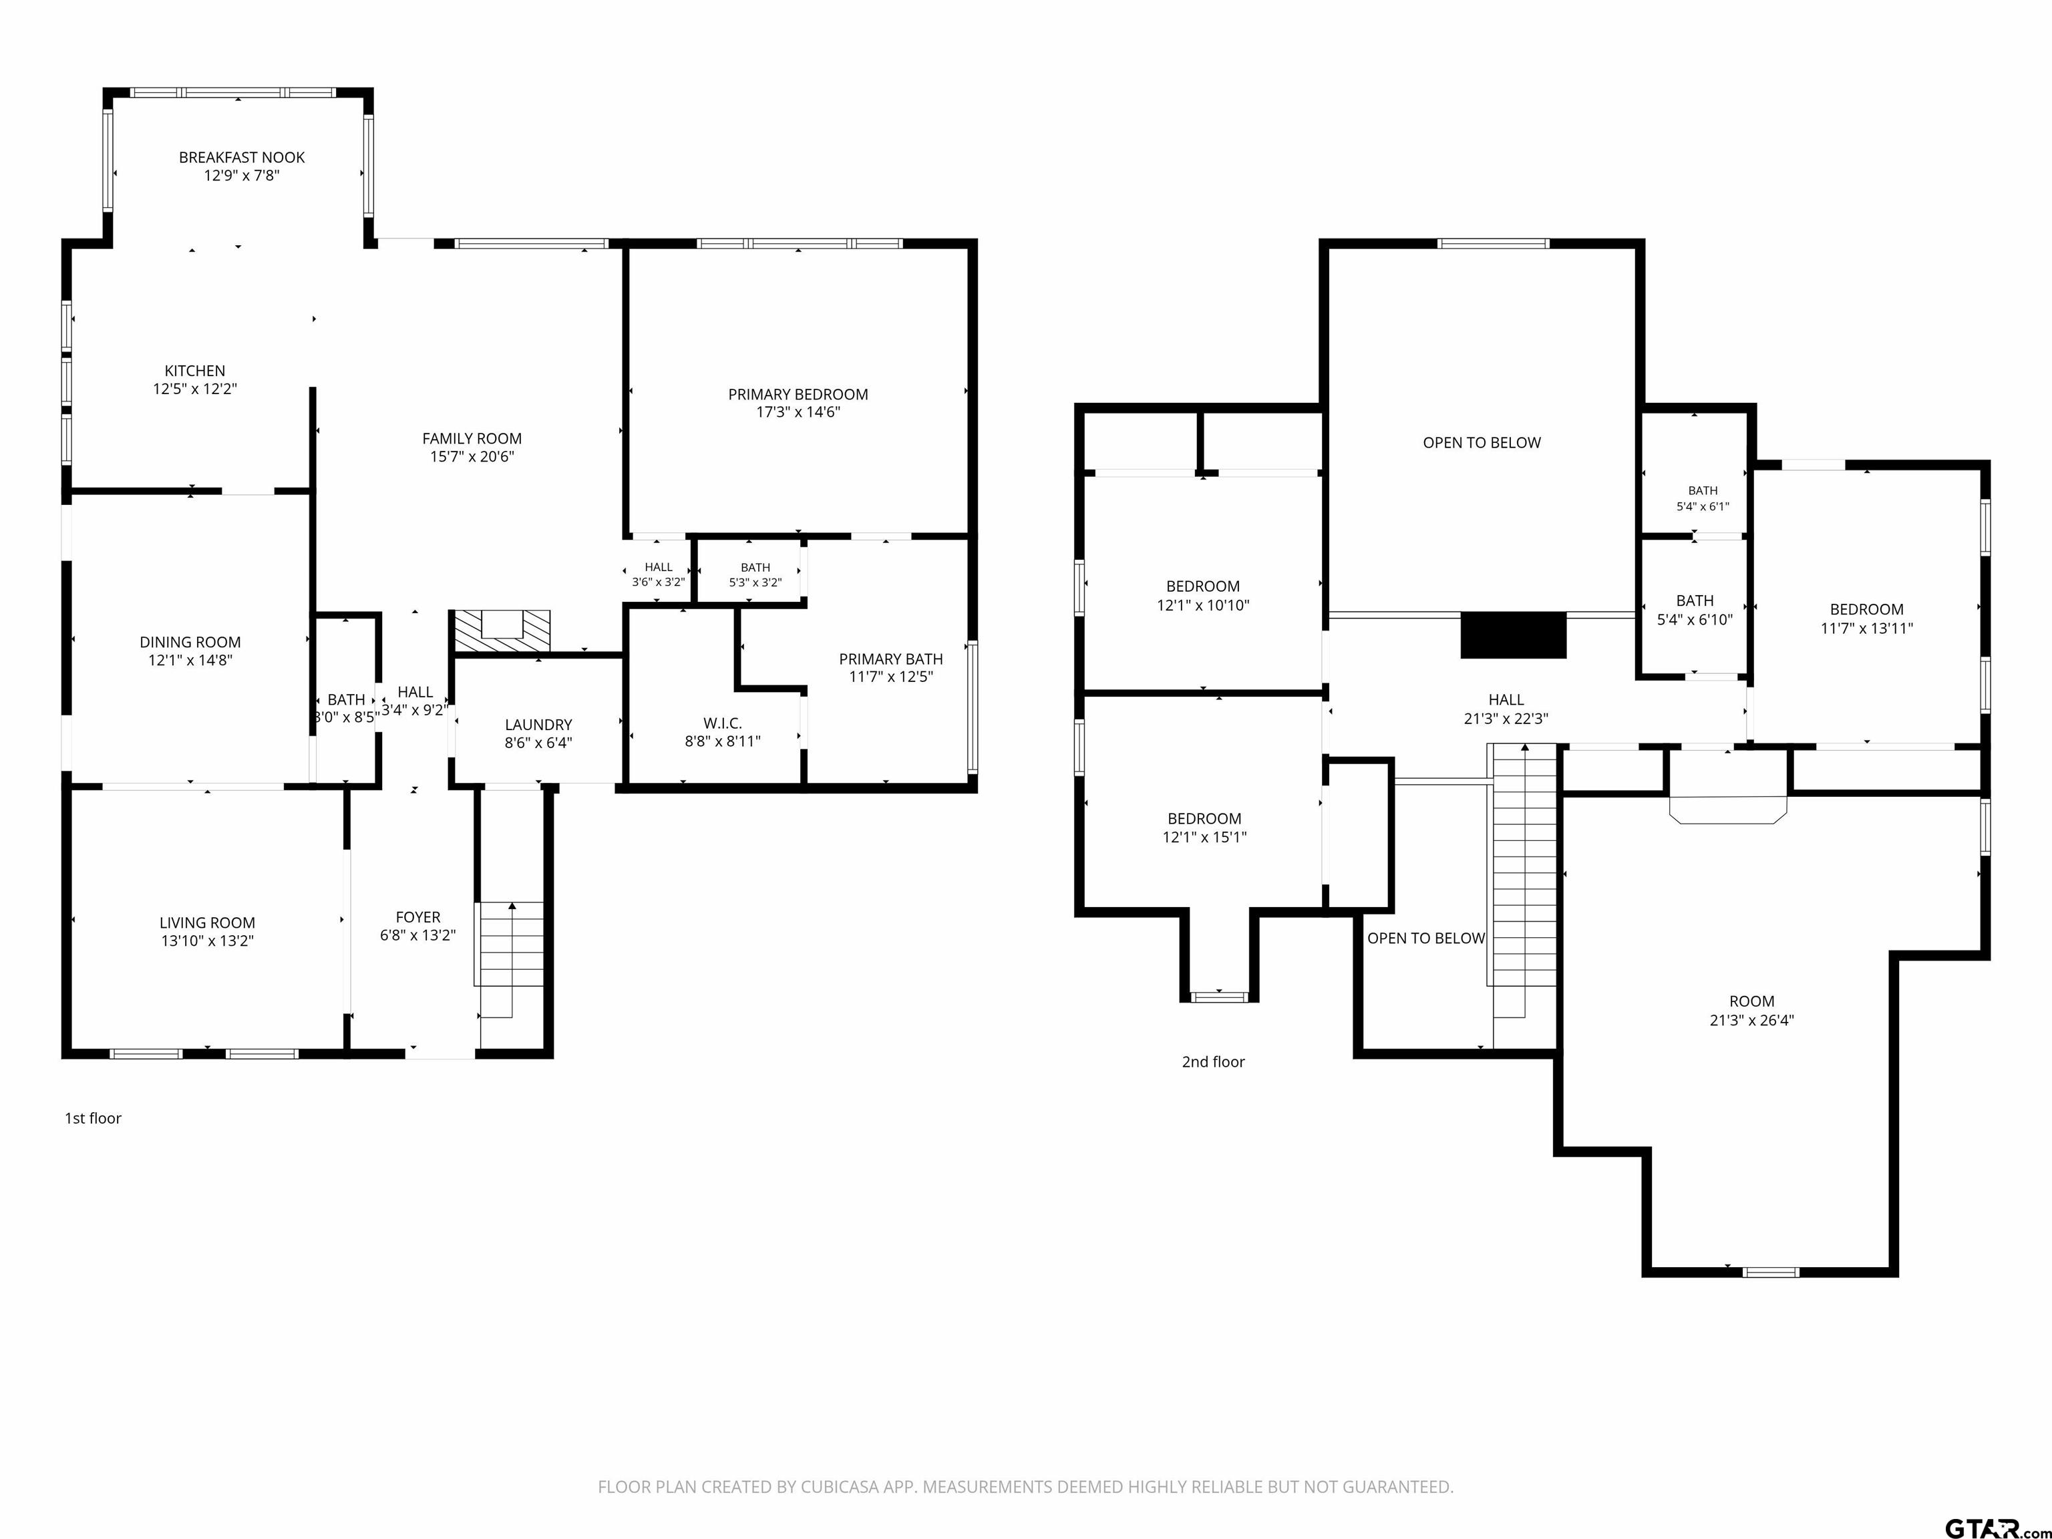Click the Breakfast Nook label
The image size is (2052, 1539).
pos(241,158)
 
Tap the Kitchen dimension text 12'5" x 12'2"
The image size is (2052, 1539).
pos(195,389)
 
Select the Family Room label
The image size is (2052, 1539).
pos(472,439)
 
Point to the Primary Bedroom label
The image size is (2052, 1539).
pos(798,394)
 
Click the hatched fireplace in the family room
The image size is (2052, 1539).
pos(501,631)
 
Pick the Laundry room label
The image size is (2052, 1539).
pos(538,725)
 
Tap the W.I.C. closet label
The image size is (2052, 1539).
pos(723,723)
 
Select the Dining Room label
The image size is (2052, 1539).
pos(190,642)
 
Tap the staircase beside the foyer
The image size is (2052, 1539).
pos(510,960)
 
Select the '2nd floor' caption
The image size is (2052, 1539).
pos(1214,1061)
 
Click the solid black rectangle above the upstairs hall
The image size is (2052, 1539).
pos(1513,635)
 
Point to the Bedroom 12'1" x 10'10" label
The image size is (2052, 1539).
pos(1203,586)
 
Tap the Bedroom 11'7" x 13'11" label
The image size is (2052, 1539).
pos(1866,609)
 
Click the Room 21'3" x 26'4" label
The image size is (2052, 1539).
pos(1751,1001)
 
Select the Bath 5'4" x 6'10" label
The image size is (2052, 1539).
pos(1695,601)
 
